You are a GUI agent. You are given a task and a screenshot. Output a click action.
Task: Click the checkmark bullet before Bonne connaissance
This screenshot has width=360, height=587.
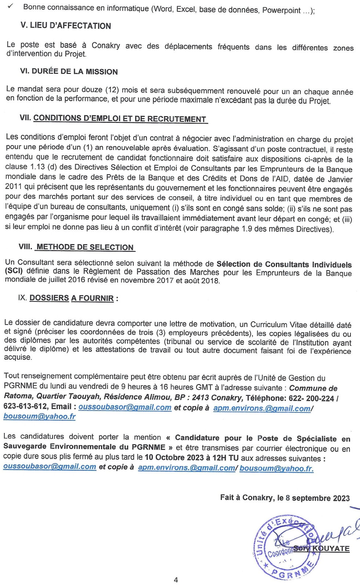(10, 6)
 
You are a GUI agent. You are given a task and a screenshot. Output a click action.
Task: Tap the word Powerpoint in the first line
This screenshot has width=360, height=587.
(281, 11)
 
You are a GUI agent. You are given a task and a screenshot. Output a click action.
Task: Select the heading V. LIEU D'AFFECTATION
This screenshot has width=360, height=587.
(66, 26)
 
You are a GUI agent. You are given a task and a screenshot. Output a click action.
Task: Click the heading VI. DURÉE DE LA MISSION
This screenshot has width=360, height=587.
(69, 71)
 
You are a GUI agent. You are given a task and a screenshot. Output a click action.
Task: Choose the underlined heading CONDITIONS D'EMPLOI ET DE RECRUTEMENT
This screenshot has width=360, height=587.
(120, 119)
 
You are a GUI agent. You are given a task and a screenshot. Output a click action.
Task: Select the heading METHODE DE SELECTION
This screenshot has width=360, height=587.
(85, 247)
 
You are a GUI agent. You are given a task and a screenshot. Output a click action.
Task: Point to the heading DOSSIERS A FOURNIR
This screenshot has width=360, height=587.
(72, 298)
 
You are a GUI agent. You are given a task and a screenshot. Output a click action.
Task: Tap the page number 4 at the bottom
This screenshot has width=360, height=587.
(176, 580)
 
